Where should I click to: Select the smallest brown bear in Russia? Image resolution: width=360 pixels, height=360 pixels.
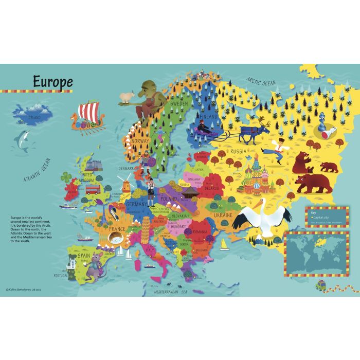point(329,167)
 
